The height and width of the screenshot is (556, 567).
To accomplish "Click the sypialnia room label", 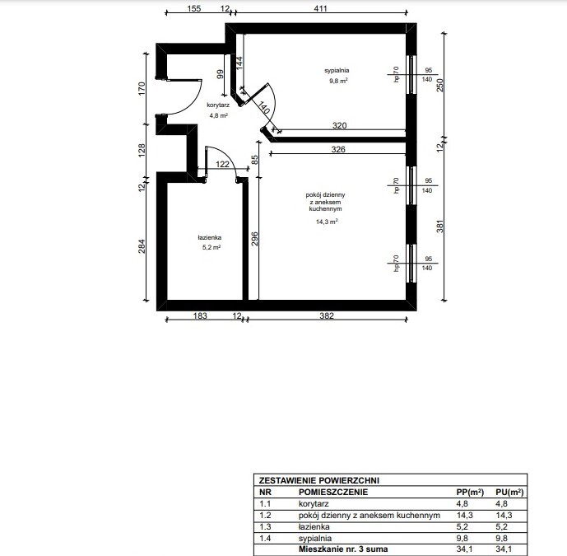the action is point(337,70).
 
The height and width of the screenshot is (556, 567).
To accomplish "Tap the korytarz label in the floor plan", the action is point(218,105).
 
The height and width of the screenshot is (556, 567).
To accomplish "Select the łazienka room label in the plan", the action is point(210,237).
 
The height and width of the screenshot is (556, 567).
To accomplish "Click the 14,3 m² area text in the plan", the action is point(327,222).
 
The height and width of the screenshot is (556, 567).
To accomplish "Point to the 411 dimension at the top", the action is point(320,8).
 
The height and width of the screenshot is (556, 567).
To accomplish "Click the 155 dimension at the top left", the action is point(194,8).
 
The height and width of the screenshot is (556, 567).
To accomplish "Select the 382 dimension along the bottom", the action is point(327,315).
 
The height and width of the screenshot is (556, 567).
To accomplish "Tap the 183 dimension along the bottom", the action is point(200,315).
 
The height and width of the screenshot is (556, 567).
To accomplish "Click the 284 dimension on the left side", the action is point(142,246).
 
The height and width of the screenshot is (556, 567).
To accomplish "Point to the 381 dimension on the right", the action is point(440,227).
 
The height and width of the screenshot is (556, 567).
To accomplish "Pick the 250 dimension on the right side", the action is point(439,86).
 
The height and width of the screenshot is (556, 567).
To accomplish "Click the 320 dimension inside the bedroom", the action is point(340,125).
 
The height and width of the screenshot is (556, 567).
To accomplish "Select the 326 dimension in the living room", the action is point(338,149).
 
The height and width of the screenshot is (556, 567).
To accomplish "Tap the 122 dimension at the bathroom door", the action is point(222,164).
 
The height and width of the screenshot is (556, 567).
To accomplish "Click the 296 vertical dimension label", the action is point(254,239).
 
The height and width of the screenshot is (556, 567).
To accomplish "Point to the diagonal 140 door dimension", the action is point(263,108).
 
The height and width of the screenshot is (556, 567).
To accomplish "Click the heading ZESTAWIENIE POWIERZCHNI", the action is point(319,480).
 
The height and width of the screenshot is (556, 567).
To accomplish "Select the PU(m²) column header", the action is point(509,492).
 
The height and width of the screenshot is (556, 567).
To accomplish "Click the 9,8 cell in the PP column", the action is point(462,538).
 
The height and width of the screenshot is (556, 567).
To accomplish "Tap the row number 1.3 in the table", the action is point(265,526).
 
